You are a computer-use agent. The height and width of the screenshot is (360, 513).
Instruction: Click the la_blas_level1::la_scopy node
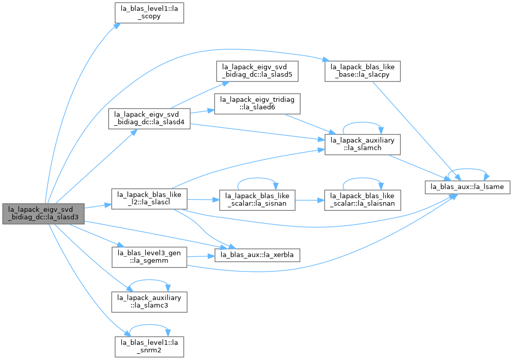pos(149,13)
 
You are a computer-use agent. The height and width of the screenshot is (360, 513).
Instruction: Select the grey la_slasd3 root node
pos(43,213)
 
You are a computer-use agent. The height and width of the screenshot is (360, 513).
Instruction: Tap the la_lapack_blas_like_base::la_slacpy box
pos(363,71)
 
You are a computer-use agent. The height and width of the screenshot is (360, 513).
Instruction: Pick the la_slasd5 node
pos(257,71)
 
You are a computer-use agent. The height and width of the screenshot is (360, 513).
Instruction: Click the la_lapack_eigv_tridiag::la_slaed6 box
pos(257,104)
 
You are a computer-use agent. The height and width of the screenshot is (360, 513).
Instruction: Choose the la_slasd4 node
pos(149,118)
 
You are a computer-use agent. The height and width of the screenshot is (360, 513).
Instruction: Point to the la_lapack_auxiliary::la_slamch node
pos(363,144)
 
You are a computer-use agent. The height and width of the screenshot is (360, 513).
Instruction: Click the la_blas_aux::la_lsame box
pos(467,187)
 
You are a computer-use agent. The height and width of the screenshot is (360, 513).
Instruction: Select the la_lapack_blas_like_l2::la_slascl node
pos(149,199)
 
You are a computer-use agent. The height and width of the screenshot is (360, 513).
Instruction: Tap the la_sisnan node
pos(257,200)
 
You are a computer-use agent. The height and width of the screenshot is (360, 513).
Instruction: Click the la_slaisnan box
pos(363,200)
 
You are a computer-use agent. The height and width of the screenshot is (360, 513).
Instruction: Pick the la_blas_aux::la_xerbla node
pos(257,255)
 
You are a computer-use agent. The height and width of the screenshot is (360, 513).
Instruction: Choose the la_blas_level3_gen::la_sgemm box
pos(149,257)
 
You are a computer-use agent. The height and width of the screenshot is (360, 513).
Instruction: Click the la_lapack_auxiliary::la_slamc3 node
pos(149,302)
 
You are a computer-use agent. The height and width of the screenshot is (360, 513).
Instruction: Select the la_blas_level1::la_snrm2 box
pos(149,347)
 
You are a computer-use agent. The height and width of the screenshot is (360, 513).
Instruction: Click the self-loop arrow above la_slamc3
pos(149,280)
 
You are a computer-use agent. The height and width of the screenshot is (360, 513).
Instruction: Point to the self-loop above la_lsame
pos(467,169)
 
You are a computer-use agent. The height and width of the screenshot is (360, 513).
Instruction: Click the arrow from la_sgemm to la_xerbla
pos(201,256)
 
